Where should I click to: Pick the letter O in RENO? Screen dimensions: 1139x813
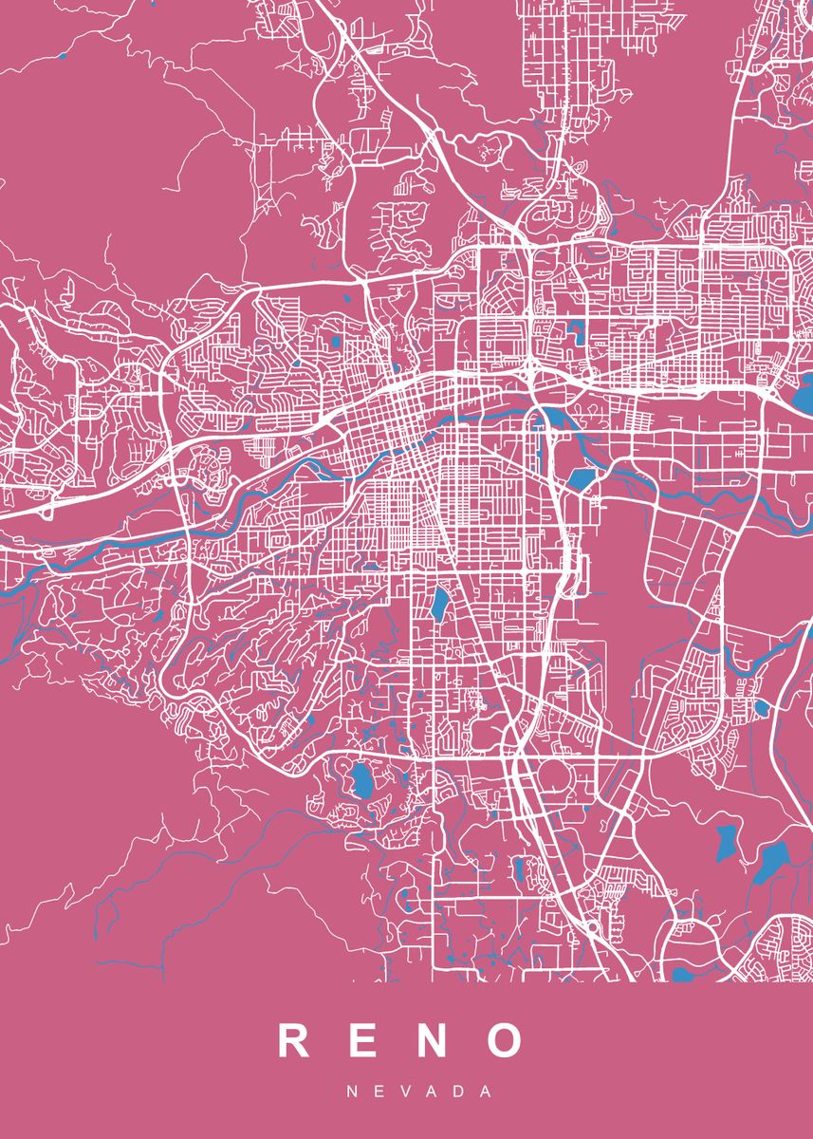tap(505, 1040)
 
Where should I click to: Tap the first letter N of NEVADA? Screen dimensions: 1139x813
tap(352, 1092)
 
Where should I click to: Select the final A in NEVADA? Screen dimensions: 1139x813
tap(487, 1092)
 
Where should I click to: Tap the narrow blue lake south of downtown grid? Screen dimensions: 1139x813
tap(441, 605)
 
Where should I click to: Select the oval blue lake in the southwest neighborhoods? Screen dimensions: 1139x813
tap(360, 780)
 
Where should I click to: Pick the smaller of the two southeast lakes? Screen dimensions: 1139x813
tap(726, 841)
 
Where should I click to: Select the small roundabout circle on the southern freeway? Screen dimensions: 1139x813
tap(593, 925)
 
